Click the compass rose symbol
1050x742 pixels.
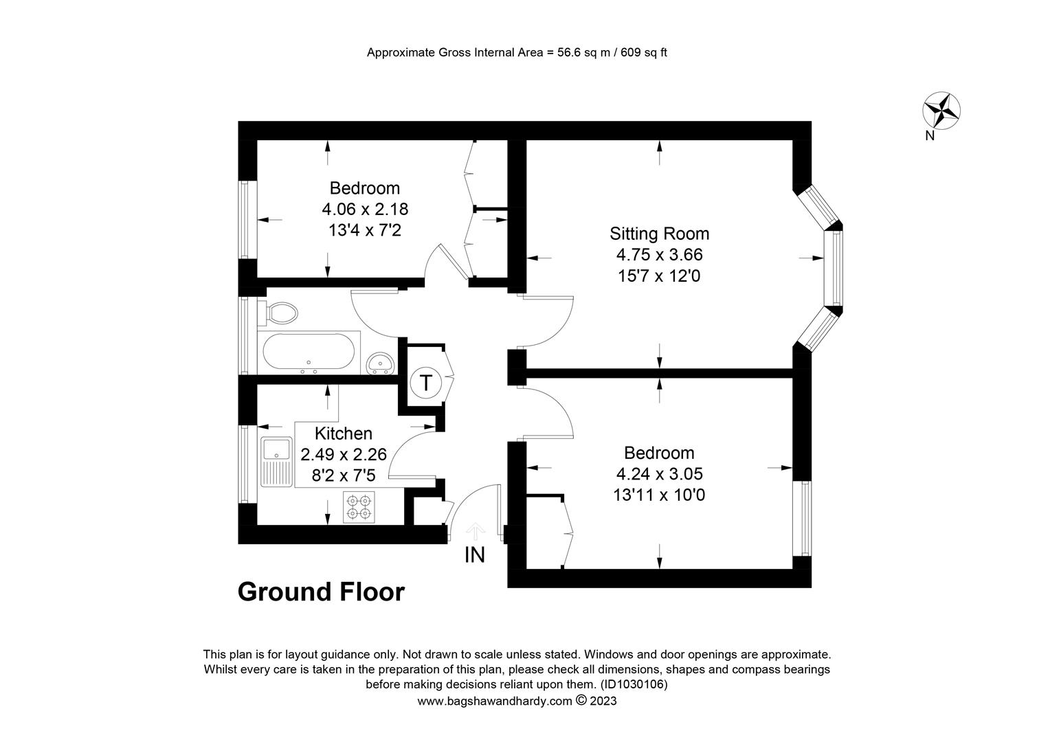[941, 111]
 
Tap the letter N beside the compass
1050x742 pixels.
[930, 136]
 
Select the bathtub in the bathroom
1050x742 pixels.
[309, 352]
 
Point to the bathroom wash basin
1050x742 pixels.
[380, 363]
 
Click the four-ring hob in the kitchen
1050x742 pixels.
[359, 507]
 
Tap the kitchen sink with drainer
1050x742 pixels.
[276, 462]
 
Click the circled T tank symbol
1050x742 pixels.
[425, 383]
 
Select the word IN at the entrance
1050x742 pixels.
[474, 555]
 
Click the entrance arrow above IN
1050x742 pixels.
[476, 532]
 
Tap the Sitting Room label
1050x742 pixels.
[659, 234]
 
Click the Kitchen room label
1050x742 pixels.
[343, 434]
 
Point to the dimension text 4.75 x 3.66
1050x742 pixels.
[659, 254]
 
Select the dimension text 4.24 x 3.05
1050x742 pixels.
[659, 474]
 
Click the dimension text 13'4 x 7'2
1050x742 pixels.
[365, 230]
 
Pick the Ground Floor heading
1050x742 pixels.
[321, 592]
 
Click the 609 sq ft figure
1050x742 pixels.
[644, 52]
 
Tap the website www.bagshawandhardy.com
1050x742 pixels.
[495, 701]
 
